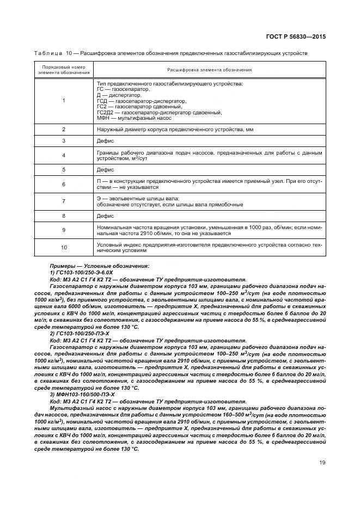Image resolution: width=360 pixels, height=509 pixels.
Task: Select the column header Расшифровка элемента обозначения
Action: (x=209, y=70)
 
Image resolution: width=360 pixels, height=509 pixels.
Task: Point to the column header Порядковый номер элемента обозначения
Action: (x=64, y=70)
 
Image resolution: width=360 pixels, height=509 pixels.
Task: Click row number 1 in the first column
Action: (x=64, y=100)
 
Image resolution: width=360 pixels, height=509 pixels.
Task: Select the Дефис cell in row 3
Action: (x=106, y=141)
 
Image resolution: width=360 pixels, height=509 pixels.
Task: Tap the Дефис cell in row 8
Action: (x=106, y=216)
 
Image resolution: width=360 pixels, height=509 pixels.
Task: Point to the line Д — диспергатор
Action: (x=115, y=95)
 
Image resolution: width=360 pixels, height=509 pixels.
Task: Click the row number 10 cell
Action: (x=64, y=247)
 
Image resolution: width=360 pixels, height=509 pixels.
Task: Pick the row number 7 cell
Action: (x=64, y=201)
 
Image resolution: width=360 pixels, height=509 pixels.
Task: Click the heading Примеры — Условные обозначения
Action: (x=99, y=266)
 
